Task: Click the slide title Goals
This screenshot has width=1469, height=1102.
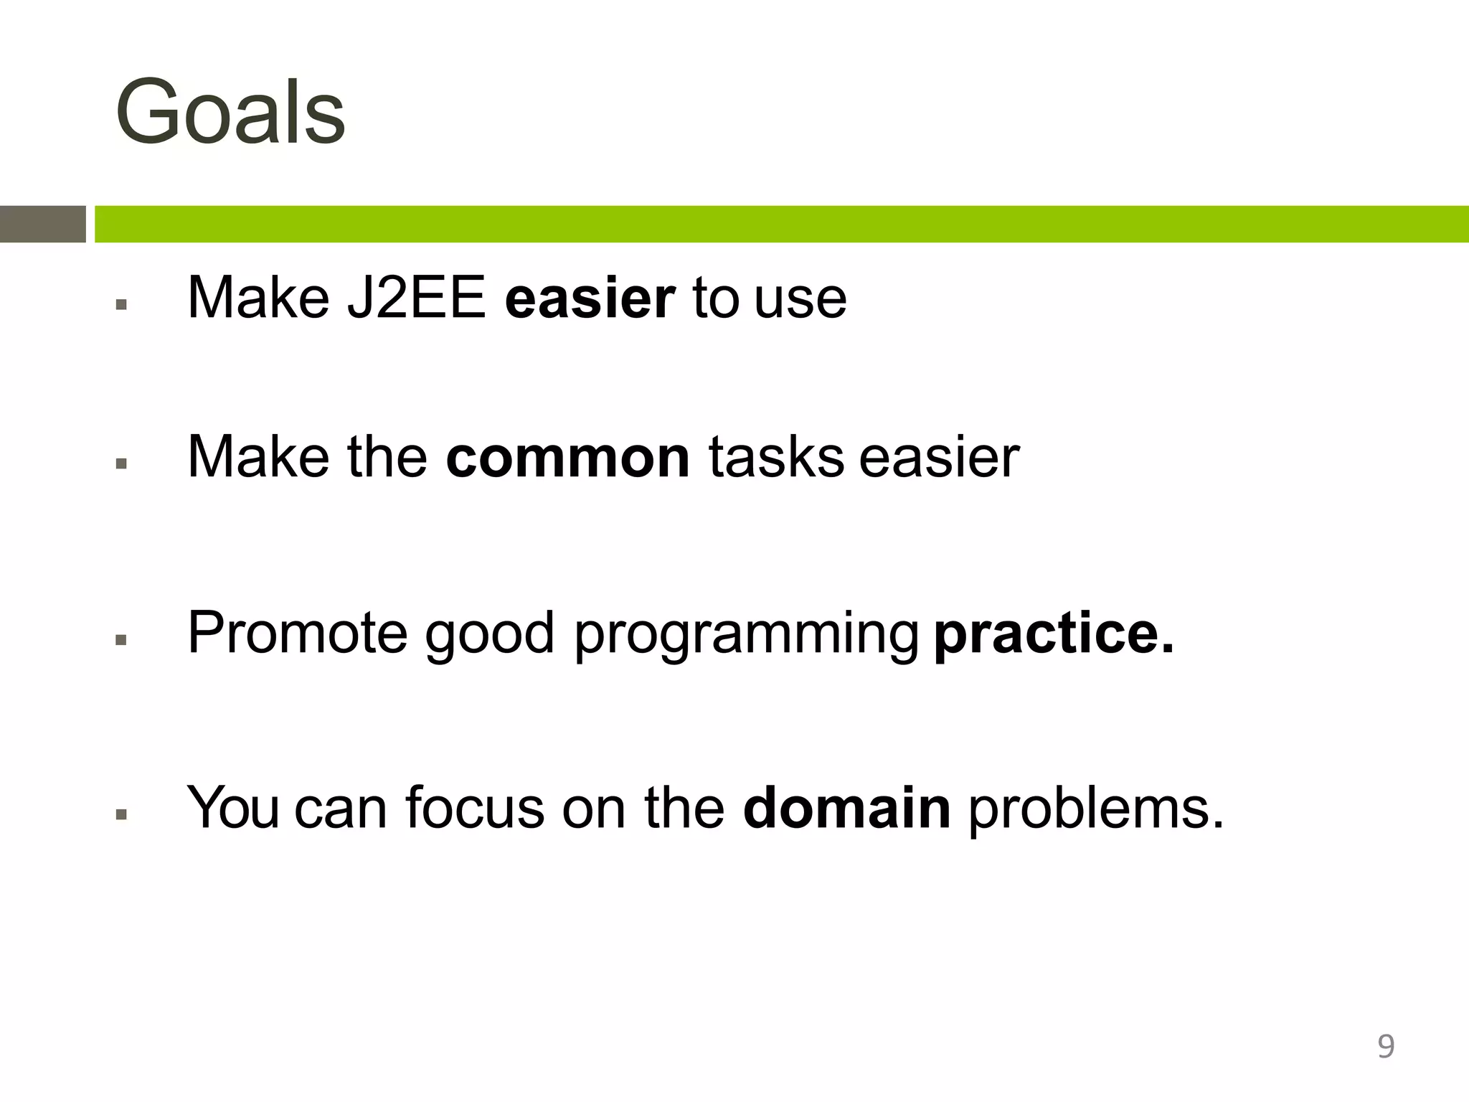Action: tap(230, 113)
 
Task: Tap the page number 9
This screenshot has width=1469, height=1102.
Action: tap(1386, 1046)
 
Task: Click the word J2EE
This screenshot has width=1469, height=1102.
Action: tap(416, 298)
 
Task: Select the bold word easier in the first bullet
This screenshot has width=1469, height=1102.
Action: tap(590, 298)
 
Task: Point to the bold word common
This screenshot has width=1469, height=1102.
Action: tap(567, 457)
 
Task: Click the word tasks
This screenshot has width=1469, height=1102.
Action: tap(776, 457)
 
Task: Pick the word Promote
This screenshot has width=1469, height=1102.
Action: tap(297, 633)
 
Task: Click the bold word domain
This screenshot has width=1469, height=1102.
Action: tap(846, 809)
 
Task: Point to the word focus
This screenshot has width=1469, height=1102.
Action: tap(474, 809)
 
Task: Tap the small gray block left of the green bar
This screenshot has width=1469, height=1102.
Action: tap(42, 224)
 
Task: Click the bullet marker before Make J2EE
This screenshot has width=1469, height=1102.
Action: tap(121, 305)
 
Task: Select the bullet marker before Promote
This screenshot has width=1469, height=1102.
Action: tap(121, 640)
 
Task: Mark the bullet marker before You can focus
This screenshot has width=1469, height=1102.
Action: tap(121, 815)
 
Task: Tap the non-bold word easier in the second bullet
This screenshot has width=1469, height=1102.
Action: tap(939, 457)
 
